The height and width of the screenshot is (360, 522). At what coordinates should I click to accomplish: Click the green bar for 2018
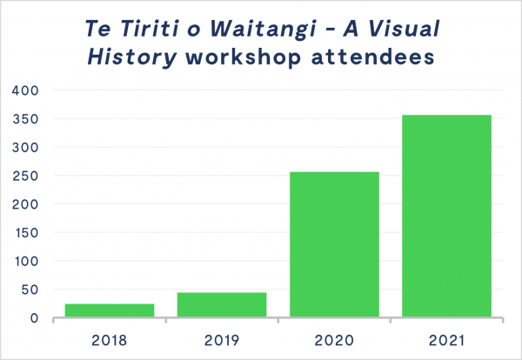pyautogui.click(x=110, y=310)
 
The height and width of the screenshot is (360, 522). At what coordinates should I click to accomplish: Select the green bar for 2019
pyautogui.click(x=222, y=304)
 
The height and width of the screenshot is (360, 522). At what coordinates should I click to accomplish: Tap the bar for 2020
pyautogui.click(x=334, y=244)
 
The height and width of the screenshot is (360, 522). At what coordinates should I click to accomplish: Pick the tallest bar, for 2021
pyautogui.click(x=447, y=216)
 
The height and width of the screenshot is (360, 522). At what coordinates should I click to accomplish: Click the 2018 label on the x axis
pyautogui.click(x=110, y=340)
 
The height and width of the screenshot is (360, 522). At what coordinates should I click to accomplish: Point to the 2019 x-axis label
pyautogui.click(x=222, y=340)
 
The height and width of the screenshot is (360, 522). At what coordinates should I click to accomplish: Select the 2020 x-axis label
pyautogui.click(x=334, y=340)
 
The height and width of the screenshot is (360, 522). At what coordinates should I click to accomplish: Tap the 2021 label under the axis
pyautogui.click(x=446, y=340)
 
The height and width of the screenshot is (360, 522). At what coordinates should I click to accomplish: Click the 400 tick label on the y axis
pyautogui.click(x=25, y=90)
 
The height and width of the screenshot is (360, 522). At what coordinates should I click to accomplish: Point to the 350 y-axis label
pyautogui.click(x=25, y=119)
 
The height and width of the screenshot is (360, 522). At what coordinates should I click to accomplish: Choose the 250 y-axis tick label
pyautogui.click(x=25, y=176)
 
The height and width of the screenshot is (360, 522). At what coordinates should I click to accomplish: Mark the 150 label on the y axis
pyautogui.click(x=27, y=233)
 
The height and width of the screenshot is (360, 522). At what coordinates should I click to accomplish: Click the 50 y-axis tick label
pyautogui.click(x=30, y=290)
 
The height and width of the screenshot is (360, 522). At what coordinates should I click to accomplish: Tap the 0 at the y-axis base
pyautogui.click(x=34, y=318)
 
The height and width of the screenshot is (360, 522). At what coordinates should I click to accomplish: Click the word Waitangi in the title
pyautogui.click(x=264, y=30)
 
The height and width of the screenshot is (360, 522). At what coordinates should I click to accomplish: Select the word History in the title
pyautogui.click(x=132, y=57)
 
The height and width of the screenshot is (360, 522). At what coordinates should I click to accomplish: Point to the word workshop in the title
pyautogui.click(x=244, y=57)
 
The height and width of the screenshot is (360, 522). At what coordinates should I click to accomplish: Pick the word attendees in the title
pyautogui.click(x=373, y=57)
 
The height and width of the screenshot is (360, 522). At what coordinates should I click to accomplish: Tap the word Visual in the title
pyautogui.click(x=404, y=28)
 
